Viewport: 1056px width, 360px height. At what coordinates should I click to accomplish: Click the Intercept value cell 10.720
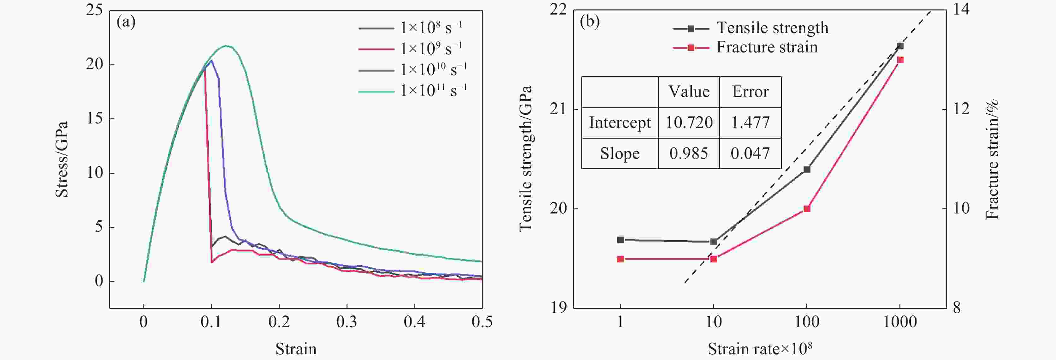pos(689,123)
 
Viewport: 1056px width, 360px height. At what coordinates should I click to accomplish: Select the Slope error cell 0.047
pos(750,153)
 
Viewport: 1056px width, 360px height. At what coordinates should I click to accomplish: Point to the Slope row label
pos(620,153)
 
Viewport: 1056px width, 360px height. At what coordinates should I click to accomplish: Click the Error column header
pos(750,92)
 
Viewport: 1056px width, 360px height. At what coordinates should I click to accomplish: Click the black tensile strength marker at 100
pos(807,169)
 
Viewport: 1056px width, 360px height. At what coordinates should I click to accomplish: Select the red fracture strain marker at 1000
pos(900,60)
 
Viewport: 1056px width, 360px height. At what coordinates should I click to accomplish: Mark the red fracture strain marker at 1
pos(620,259)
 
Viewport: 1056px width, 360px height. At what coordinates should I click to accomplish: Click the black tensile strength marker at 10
pos(714,242)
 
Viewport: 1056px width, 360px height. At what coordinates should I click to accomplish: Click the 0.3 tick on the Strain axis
pos(347,322)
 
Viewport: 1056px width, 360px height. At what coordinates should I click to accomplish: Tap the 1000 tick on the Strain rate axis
pos(900,322)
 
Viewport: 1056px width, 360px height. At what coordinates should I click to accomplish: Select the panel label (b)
pos(590,22)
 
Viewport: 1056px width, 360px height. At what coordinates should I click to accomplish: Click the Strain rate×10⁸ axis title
pos(760,349)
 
